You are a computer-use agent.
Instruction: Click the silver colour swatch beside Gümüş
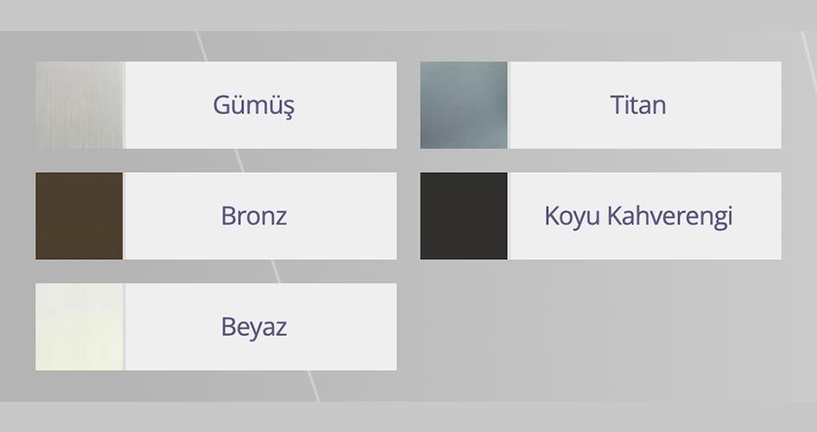click(79, 105)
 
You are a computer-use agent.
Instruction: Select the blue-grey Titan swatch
click(464, 105)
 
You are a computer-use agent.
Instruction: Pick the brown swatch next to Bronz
click(79, 215)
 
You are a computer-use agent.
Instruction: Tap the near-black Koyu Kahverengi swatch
click(464, 215)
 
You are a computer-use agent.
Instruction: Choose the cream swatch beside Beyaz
click(79, 327)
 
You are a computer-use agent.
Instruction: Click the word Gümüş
click(253, 105)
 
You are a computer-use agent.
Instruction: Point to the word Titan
click(637, 105)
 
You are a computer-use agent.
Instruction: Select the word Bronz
click(253, 215)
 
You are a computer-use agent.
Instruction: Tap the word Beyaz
click(253, 327)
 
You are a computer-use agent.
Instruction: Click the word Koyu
click(573, 216)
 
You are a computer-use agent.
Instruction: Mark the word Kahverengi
click(670, 216)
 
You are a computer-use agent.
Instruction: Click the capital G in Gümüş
click(221, 105)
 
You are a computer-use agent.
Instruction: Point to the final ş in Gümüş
click(288, 107)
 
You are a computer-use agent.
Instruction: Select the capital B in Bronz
click(229, 215)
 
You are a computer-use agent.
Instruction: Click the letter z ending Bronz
click(281, 217)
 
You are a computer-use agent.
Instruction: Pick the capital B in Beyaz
click(229, 327)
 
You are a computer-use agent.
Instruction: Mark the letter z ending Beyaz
click(281, 328)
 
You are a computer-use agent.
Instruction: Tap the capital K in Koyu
click(552, 215)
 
